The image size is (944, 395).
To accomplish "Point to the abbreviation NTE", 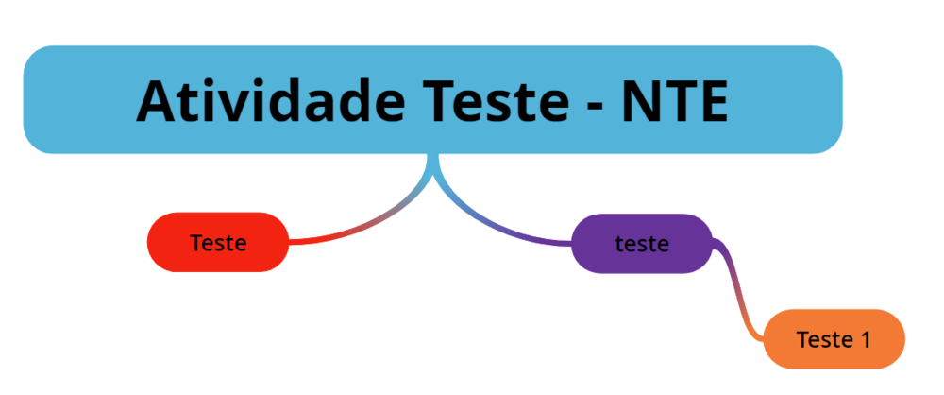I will [x=674, y=100].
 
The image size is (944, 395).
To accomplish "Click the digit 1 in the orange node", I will [x=864, y=339].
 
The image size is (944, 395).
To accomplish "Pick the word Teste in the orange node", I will [x=822, y=339].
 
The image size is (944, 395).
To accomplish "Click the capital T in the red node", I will [x=195, y=243].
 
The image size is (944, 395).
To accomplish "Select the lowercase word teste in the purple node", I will [x=642, y=244].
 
